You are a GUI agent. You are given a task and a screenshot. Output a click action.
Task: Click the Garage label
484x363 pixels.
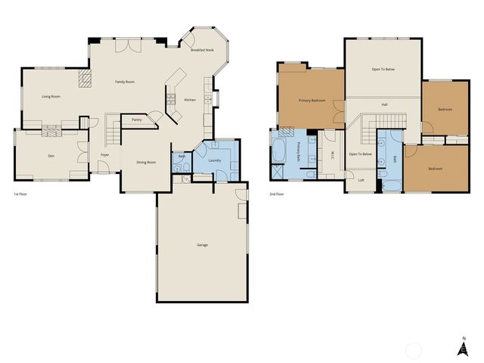tap(202, 245)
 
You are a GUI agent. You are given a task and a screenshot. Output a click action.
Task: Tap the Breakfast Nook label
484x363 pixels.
tap(202, 50)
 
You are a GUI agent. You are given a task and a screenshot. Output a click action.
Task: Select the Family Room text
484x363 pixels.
tap(125, 81)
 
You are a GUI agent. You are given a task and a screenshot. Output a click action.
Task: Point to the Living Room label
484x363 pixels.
tap(51, 97)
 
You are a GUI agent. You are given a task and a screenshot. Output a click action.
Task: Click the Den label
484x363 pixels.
tap(51, 156)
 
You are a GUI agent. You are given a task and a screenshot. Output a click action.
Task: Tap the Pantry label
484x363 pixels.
tap(137, 119)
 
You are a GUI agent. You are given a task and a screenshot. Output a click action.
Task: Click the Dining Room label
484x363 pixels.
tap(146, 163)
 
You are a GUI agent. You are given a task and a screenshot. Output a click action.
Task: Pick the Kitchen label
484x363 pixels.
tap(190, 100)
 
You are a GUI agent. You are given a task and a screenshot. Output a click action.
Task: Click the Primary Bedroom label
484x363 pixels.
tap(312, 100)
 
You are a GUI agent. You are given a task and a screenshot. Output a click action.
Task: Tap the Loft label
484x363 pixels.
tap(361, 180)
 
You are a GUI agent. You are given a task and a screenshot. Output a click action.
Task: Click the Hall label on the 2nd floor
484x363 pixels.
tap(384, 104)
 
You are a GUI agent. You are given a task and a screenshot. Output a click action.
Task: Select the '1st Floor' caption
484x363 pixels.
tap(21, 194)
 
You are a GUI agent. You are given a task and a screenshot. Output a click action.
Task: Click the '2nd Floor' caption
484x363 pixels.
tap(277, 194)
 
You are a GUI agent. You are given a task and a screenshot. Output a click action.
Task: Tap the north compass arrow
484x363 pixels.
tap(463, 347)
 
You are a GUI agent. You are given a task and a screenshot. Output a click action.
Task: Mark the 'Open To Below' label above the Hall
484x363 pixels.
tap(383, 69)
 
